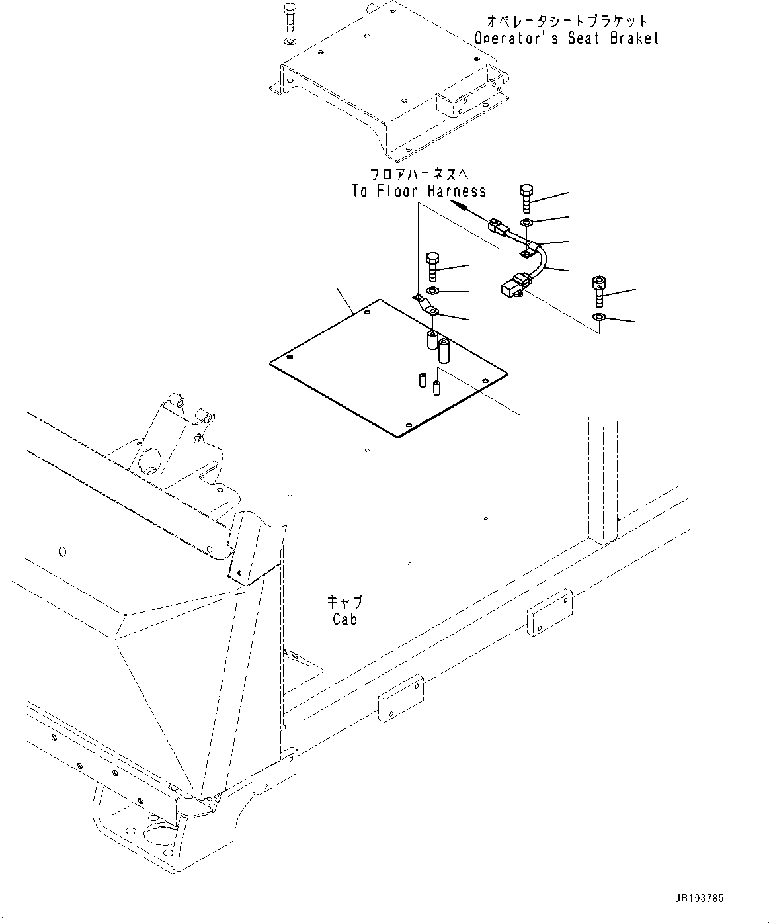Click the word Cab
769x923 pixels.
tap(345, 619)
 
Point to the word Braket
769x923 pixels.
tap(634, 38)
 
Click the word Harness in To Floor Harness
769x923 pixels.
tap(456, 191)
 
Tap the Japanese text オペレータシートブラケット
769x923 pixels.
tap(567, 21)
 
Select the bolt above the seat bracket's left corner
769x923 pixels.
tap(289, 16)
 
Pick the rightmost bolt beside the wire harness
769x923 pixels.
tap(598, 290)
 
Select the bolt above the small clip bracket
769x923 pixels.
tap(432, 266)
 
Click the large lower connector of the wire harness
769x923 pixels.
tap(511, 286)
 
